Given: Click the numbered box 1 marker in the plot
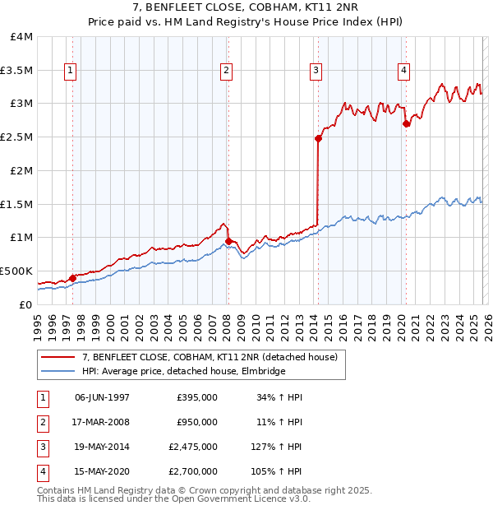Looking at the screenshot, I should (x=71, y=72).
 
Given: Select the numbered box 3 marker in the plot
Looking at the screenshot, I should (x=316, y=72).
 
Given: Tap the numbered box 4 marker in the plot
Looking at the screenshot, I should (x=404, y=72).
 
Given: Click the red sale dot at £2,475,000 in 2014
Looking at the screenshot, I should (x=318, y=138).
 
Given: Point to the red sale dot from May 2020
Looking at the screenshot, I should (x=406, y=123).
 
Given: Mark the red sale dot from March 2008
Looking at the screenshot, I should (x=228, y=241).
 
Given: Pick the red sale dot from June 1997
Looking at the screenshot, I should (x=72, y=278).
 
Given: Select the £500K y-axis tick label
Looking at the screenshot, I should (x=16, y=271).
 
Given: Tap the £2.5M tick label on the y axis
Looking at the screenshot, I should (x=16, y=137).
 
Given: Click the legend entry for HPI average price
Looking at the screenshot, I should (x=182, y=372).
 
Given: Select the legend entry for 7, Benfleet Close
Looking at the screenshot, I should (x=210, y=357).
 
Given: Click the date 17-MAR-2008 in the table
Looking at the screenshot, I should (x=102, y=422).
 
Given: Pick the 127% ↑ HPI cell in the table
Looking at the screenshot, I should (x=279, y=447).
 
